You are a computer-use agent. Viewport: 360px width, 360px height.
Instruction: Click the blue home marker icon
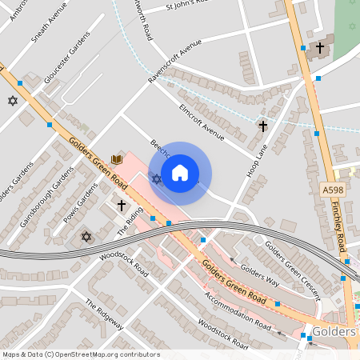pyautogui.click(x=180, y=173)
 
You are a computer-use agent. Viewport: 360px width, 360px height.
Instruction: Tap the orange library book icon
pyautogui.click(x=118, y=160)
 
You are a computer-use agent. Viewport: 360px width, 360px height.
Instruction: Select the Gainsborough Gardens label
pyautogui.click(x=42, y=196)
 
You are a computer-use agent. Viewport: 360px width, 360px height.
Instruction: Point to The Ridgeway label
pyautogui.click(x=105, y=314)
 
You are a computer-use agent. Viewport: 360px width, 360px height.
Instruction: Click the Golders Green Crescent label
pyautogui.click(x=292, y=266)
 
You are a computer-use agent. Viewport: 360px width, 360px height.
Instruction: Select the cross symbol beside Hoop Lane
pyautogui.click(x=262, y=126)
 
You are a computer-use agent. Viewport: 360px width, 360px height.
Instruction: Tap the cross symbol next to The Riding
pyautogui.click(x=122, y=206)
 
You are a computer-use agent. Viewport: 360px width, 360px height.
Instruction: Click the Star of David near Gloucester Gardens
pyautogui.click(x=12, y=101)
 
